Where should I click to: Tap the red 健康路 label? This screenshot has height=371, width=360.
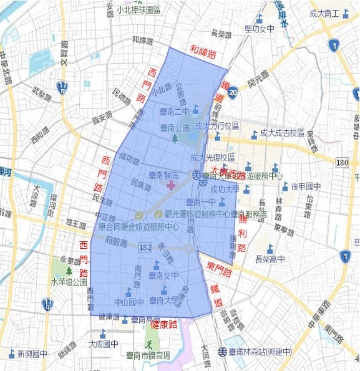click(164, 325)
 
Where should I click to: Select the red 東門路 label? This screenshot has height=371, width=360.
click(220, 270)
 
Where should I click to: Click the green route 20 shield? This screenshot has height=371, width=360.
click(232, 94)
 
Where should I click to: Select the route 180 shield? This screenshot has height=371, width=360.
click(341, 163)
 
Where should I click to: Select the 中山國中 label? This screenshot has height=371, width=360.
click(129, 302)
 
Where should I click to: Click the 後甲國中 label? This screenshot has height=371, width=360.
click(305, 186)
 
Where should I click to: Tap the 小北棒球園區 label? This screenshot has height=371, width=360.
click(138, 11)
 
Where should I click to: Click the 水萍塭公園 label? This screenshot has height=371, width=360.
click(69, 282)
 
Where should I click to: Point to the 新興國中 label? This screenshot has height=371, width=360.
click(32, 354)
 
